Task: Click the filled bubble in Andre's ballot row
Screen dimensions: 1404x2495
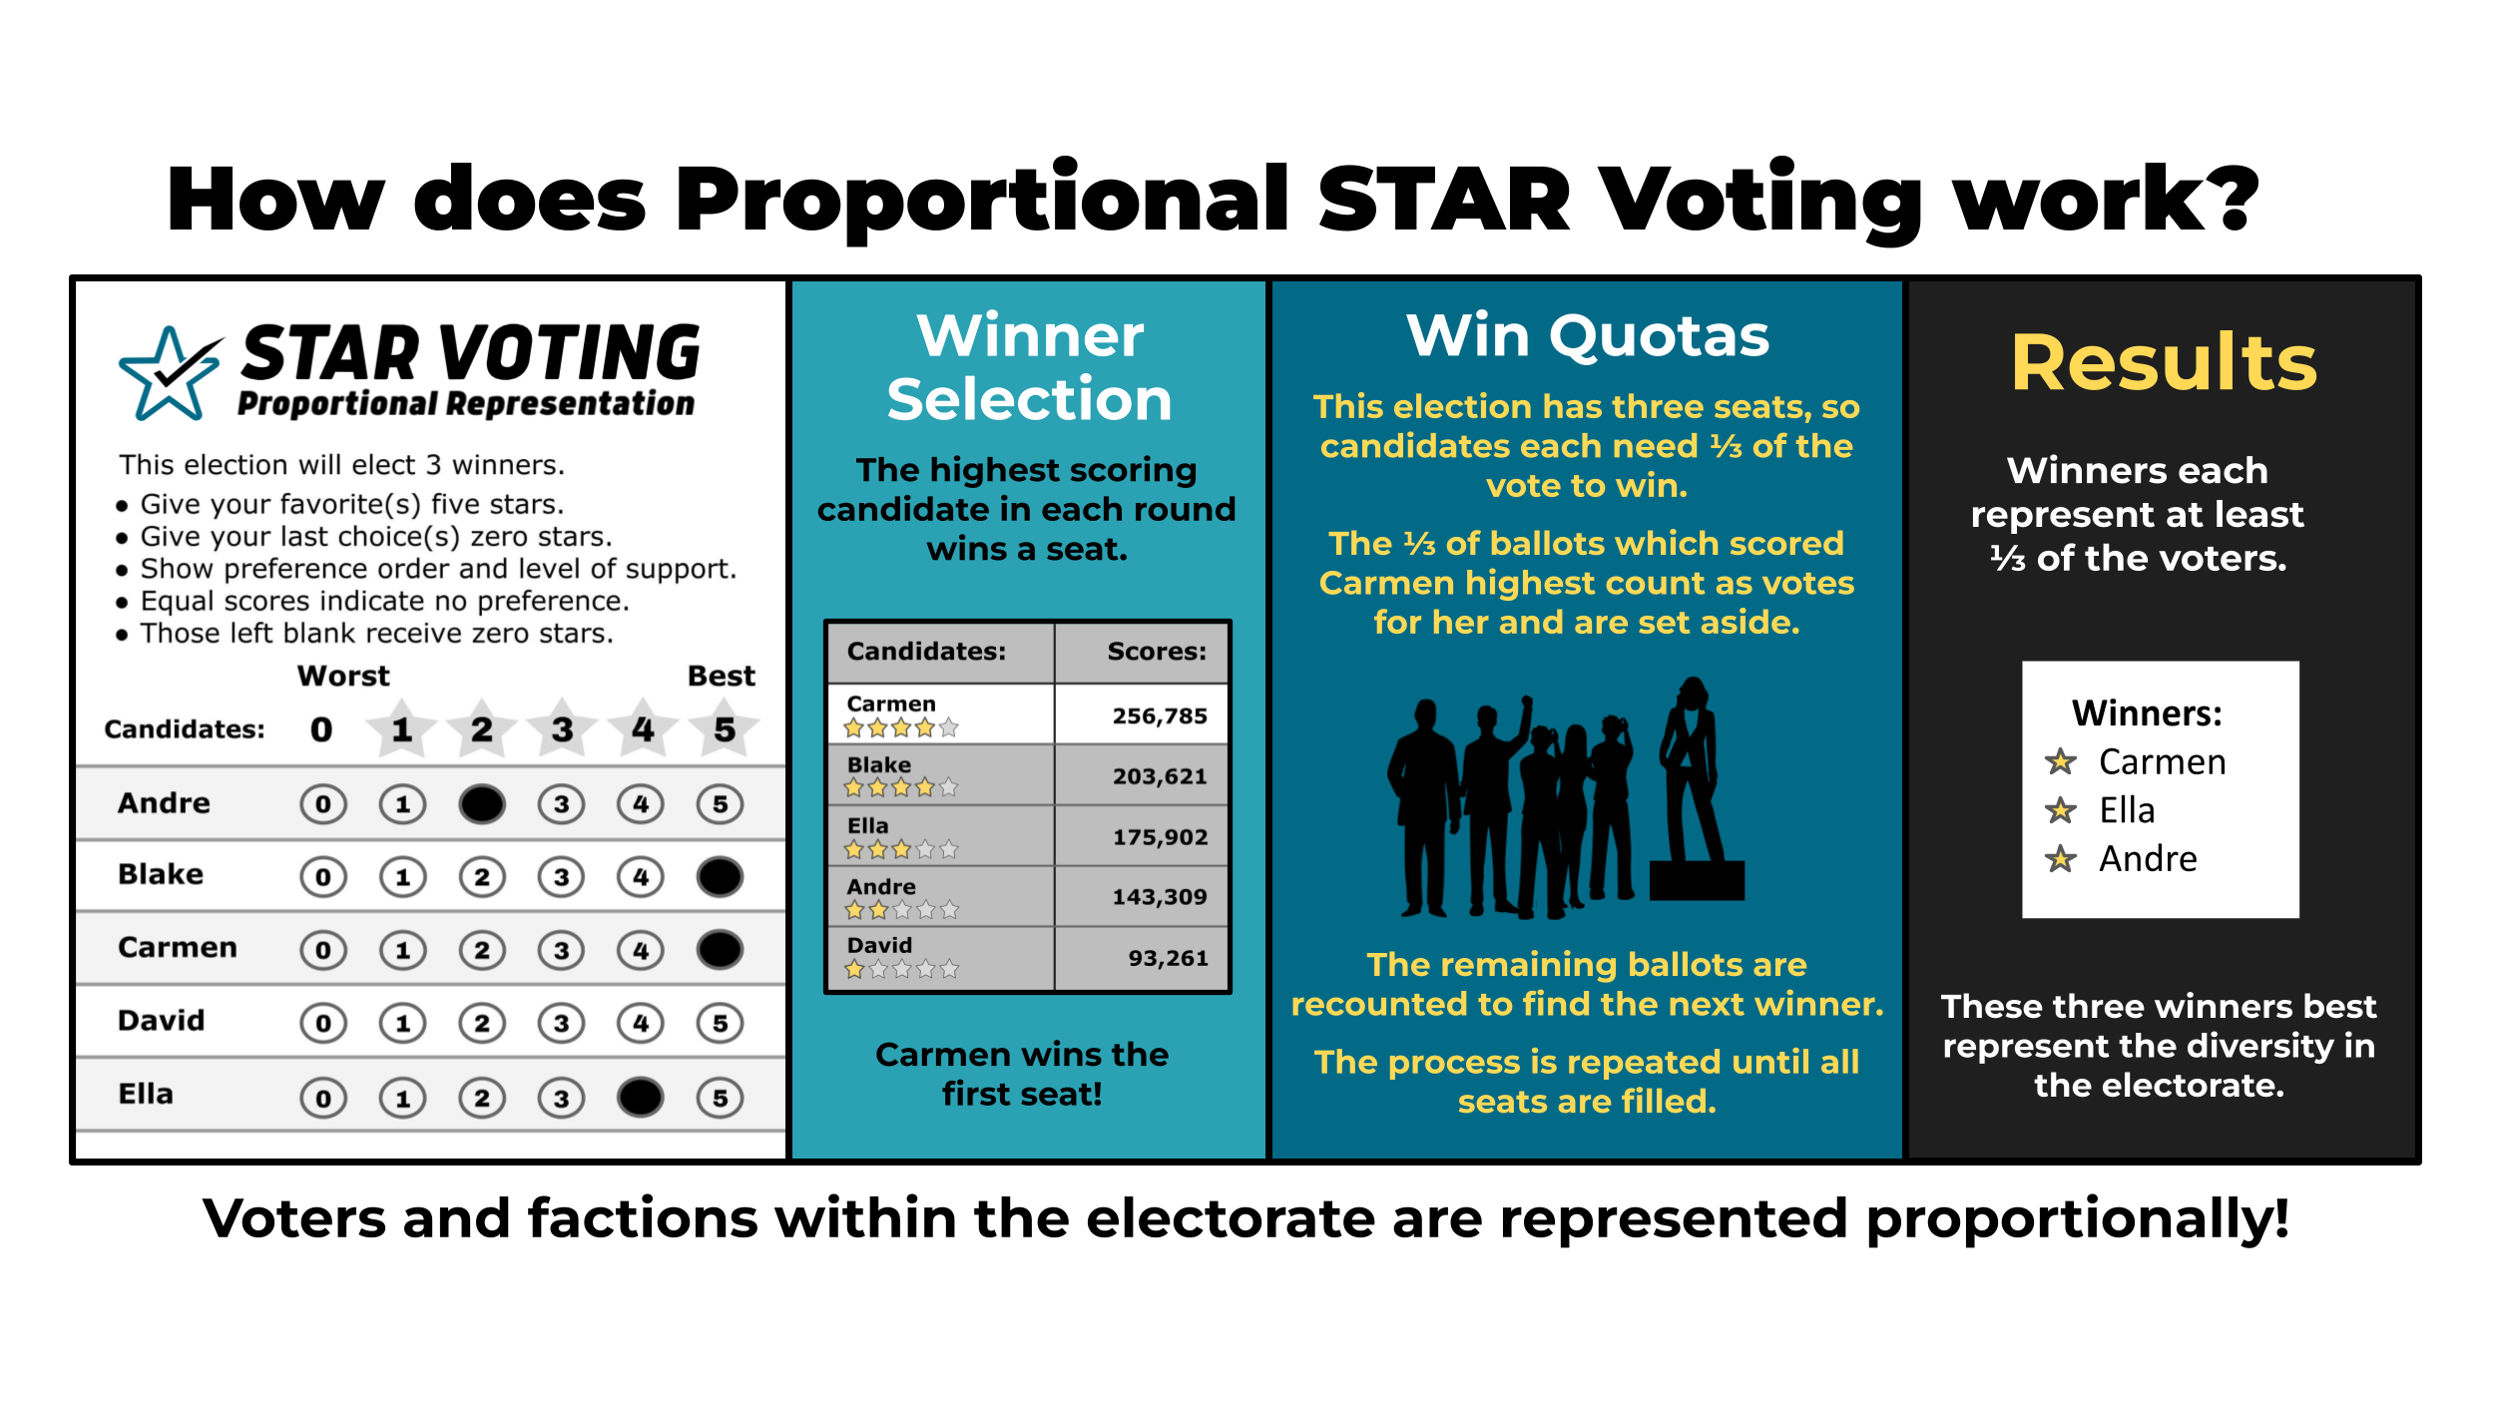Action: click(482, 804)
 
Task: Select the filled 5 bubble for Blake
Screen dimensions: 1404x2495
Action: click(720, 877)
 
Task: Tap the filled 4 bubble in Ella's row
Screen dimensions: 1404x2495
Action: click(640, 1098)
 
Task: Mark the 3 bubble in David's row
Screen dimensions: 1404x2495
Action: click(562, 1023)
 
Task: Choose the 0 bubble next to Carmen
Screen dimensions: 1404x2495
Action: click(322, 950)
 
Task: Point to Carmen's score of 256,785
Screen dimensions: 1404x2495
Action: click(1159, 715)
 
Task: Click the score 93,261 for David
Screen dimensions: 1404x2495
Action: click(1167, 958)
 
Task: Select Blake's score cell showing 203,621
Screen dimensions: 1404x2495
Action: click(1159, 776)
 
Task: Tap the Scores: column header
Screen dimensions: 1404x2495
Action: click(1156, 652)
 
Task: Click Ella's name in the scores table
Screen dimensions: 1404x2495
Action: click(867, 826)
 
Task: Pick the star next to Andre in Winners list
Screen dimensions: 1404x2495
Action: click(2060, 859)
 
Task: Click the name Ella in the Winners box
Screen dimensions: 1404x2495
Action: click(2127, 810)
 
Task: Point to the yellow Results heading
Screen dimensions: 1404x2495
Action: click(2163, 362)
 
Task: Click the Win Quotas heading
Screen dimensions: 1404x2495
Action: click(1587, 336)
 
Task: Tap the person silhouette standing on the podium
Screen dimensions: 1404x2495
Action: click(1691, 768)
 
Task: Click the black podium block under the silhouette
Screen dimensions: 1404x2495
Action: click(1697, 881)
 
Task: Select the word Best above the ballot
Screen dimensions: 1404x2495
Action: click(721, 676)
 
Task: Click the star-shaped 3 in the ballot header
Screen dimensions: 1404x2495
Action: click(562, 729)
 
